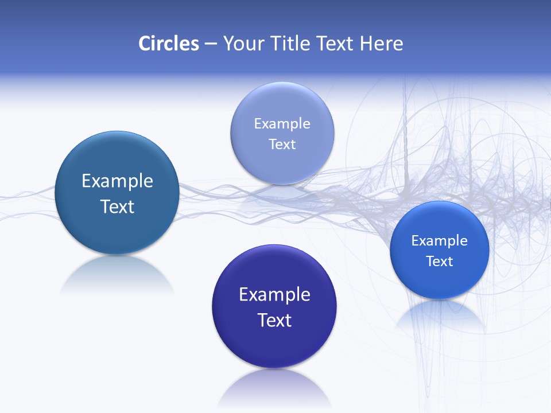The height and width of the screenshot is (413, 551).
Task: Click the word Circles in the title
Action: coord(168,44)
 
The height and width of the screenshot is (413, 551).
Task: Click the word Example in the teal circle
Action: coord(117,181)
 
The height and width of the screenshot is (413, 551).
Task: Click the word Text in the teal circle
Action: coord(117,206)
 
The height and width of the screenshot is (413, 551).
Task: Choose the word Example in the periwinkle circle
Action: coord(282,124)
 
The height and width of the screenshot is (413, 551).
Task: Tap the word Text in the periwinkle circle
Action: coord(282,144)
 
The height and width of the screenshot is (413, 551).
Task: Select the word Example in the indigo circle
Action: coord(274,295)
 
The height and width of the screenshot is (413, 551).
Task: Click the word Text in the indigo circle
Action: coord(274,320)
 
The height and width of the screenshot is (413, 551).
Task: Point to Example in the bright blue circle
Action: coord(440,241)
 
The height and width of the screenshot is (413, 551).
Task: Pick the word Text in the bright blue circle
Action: coord(440,262)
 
